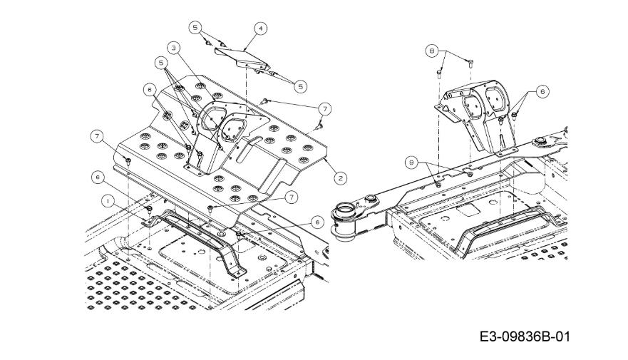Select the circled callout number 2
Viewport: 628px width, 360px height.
(x=341, y=178)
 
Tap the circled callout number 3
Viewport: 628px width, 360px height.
(x=173, y=48)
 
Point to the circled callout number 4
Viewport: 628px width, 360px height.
(x=261, y=29)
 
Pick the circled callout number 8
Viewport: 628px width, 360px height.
(x=432, y=51)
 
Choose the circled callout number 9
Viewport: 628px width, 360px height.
(x=411, y=163)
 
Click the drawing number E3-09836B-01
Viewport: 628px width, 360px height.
(x=525, y=336)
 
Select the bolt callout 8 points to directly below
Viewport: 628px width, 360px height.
(x=439, y=73)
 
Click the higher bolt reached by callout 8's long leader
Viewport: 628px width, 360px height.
(x=470, y=62)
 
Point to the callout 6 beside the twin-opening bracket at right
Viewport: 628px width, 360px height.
(x=542, y=92)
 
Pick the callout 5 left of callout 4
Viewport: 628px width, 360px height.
(x=195, y=28)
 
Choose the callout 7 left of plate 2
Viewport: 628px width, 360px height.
(x=97, y=136)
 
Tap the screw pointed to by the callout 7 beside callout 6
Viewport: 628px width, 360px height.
(x=210, y=207)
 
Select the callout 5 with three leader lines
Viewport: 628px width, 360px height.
(x=161, y=63)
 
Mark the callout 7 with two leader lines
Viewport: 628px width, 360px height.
(x=325, y=108)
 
